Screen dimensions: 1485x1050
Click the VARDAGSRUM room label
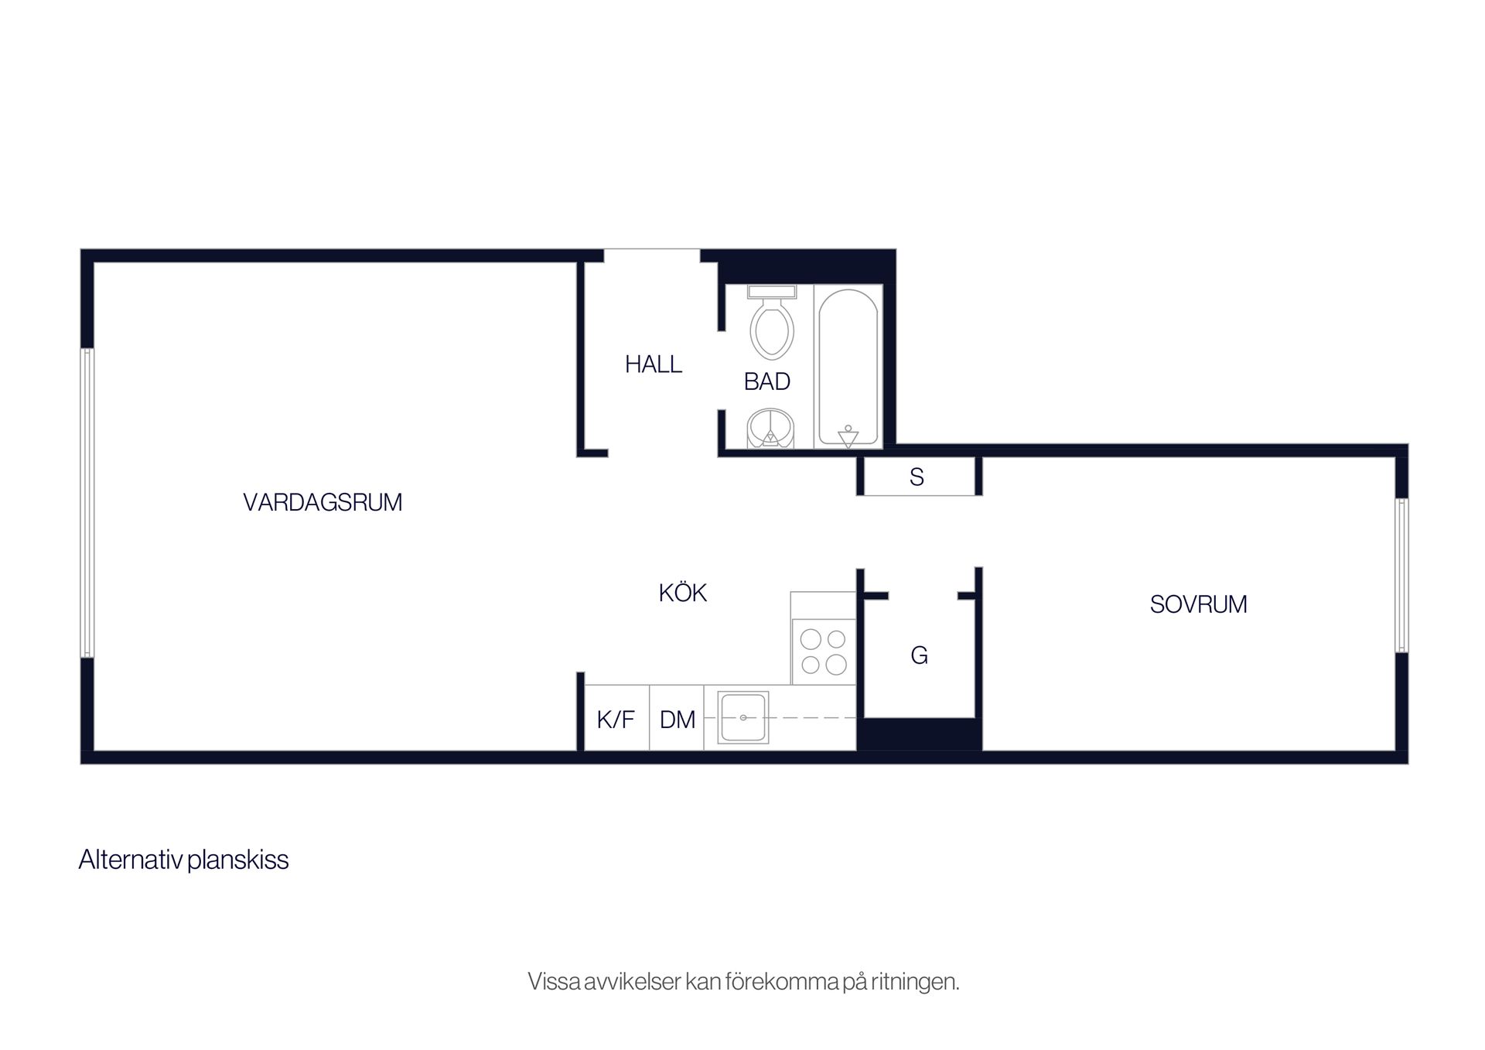coord(323,502)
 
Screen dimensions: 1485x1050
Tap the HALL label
coord(654,364)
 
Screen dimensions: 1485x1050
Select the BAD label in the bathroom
coord(766,381)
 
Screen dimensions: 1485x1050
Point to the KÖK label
coord(683,593)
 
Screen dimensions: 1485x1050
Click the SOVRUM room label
coord(1198,604)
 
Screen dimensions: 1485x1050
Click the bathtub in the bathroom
coord(848,367)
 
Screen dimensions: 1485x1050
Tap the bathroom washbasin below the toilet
coord(770,429)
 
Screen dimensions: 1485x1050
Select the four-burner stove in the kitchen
coord(824,652)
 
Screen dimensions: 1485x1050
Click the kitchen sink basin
coord(743,717)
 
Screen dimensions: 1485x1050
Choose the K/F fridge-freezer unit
coord(616,718)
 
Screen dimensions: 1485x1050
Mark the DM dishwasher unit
coord(677,718)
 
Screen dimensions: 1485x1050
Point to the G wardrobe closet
coord(919,655)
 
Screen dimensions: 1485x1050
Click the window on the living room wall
coord(87,503)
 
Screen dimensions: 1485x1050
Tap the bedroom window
coord(1401,575)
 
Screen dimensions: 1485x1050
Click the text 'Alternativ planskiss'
coord(183,860)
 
